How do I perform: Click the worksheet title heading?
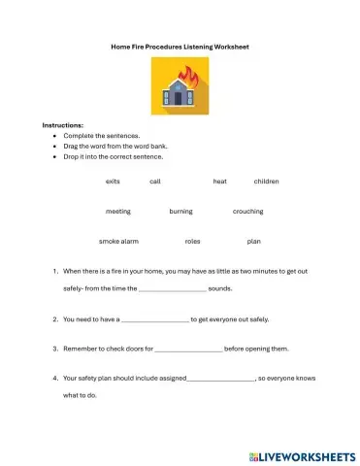pos(180,46)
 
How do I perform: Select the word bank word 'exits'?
pos(113,181)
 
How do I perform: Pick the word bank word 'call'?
pos(155,181)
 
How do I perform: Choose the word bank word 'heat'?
pos(220,181)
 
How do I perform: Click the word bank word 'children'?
pos(266,181)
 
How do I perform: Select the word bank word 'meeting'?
pos(118,211)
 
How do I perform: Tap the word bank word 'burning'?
pos(180,211)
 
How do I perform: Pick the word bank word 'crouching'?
pos(247,211)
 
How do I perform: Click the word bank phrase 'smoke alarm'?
pos(118,241)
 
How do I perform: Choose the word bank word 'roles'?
pos(192,241)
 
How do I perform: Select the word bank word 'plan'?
pos(254,241)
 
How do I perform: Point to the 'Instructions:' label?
pos(63,125)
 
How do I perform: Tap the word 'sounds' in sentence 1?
pos(220,288)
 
